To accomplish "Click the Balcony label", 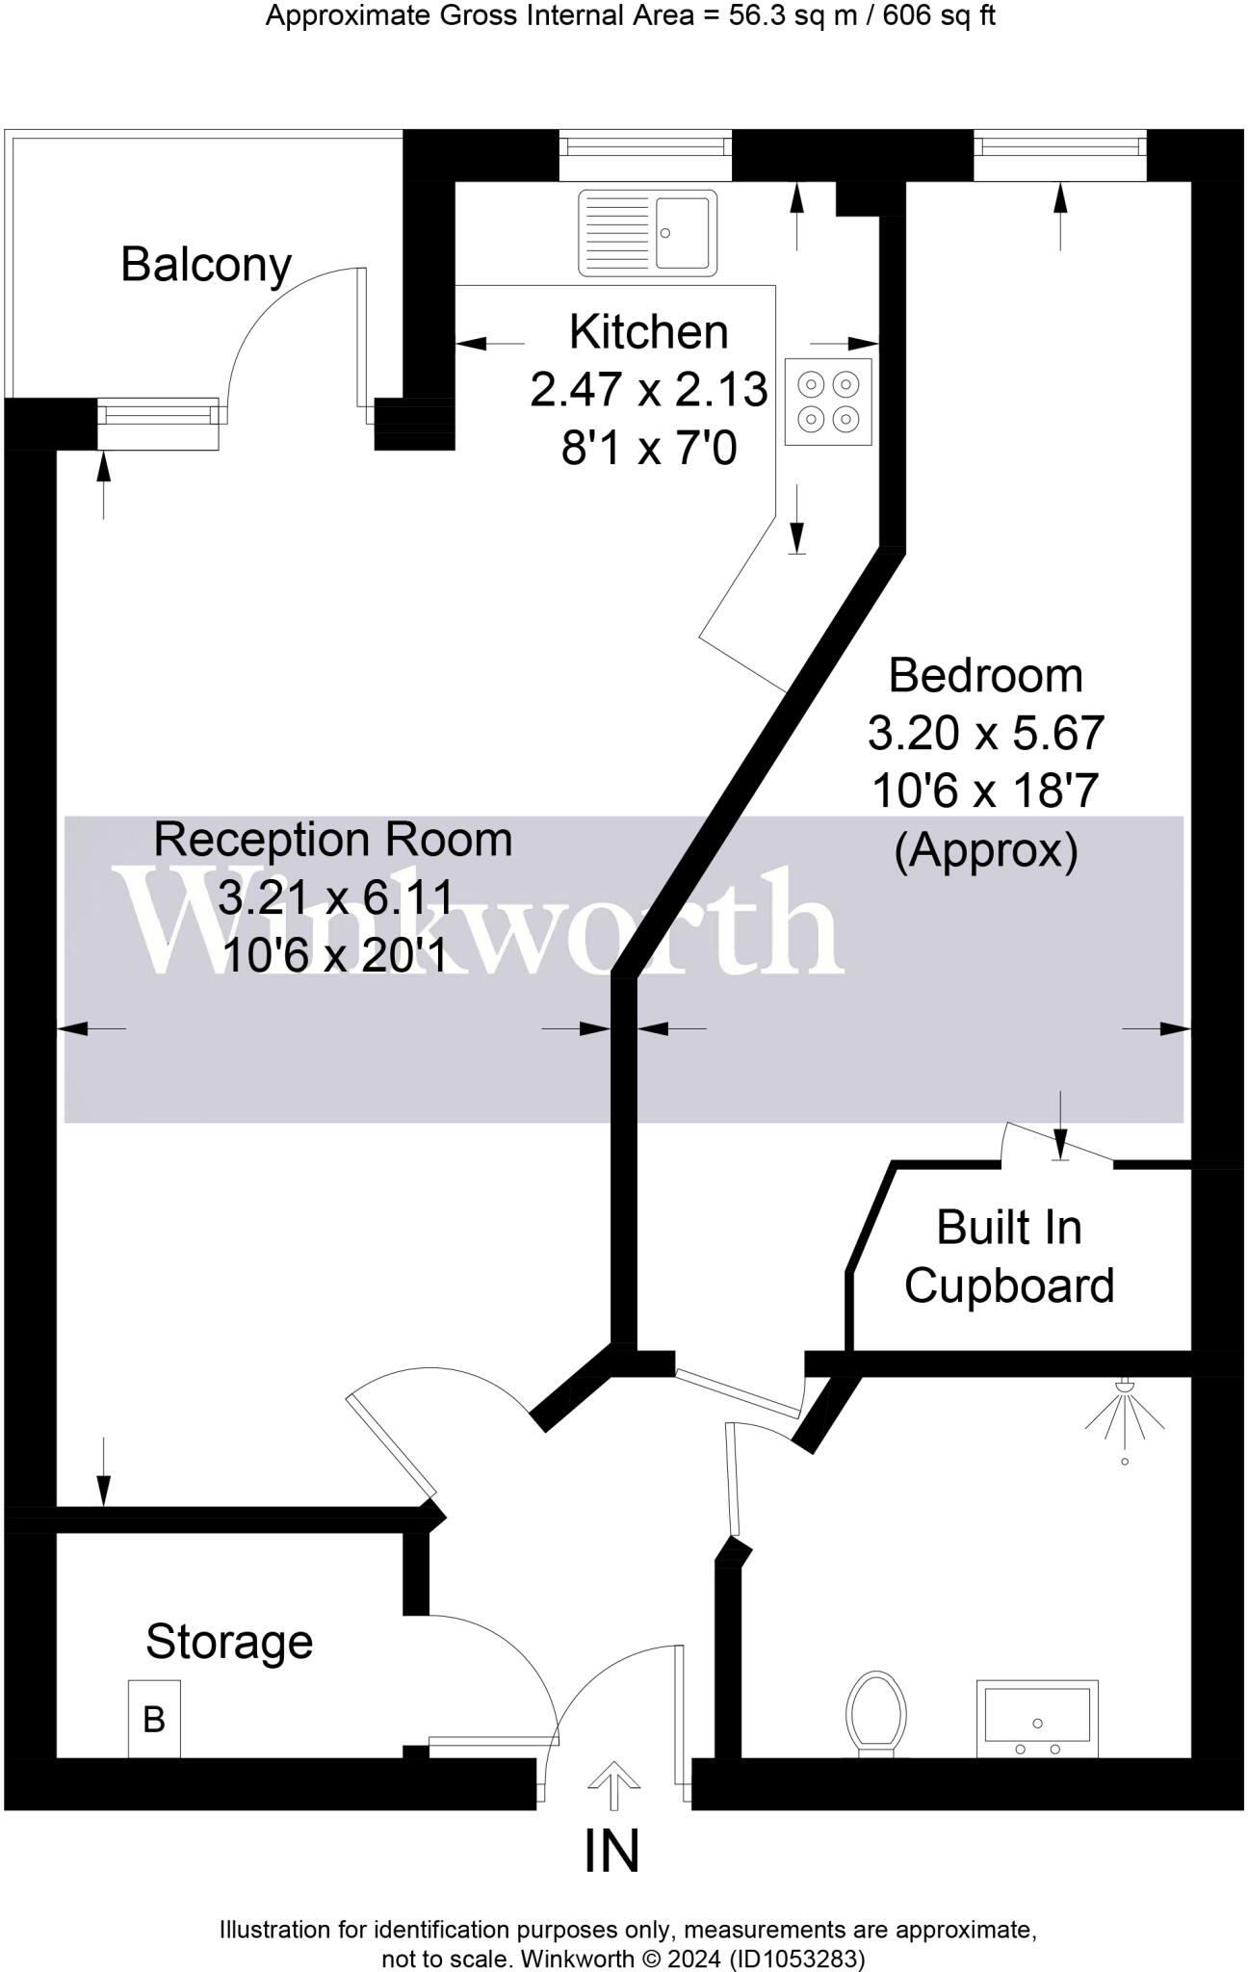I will tap(206, 266).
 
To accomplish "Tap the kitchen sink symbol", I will tap(648, 233).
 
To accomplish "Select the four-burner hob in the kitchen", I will tap(828, 402).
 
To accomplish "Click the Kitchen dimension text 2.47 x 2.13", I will tap(649, 390).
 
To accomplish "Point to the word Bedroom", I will tap(985, 676).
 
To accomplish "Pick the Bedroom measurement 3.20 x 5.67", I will tap(985, 734).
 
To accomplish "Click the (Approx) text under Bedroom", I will tap(985, 850).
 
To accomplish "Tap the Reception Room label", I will tap(333, 840).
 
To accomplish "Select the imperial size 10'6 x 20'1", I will tap(334, 956).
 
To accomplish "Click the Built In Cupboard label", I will tap(1009, 1257).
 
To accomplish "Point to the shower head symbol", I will tap(1124, 1412).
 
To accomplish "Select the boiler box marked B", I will tap(154, 1719).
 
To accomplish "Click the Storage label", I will tap(229, 1642).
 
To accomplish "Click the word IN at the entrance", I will tap(612, 1850).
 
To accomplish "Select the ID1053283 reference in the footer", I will tap(797, 1959).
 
